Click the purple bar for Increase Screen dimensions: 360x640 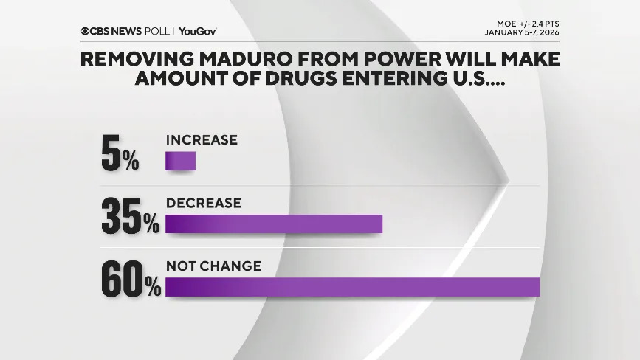pos(180,161)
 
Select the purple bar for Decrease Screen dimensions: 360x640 pos(274,224)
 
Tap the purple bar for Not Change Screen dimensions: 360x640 pos(352,287)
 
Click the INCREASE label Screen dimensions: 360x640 pos(202,139)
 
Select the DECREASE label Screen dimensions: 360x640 pos(204,203)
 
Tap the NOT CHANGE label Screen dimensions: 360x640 pos(213,266)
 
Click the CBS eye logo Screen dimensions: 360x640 pos(86,31)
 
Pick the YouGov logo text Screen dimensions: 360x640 pos(197,31)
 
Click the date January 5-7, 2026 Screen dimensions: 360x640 pos(527,32)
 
